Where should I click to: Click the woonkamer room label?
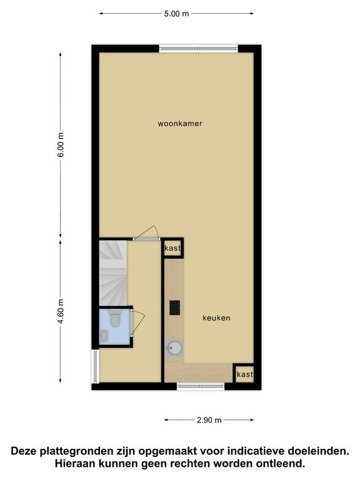tap(180, 124)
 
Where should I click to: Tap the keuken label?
tap(216, 317)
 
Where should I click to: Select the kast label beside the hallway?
tap(172, 248)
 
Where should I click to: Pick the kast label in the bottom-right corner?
tap(245, 374)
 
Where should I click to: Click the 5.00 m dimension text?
tap(176, 14)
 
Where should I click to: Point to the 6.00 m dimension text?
tap(61, 145)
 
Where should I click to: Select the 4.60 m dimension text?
tap(61, 311)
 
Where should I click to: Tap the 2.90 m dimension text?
tap(209, 420)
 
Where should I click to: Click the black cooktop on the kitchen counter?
tap(175, 307)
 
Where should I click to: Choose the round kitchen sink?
tap(174, 349)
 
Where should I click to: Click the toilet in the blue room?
tap(116, 317)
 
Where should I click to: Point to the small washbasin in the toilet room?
tap(104, 336)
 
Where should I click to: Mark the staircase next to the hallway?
tap(113, 272)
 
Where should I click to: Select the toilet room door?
tap(137, 322)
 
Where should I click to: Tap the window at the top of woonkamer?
tap(198, 49)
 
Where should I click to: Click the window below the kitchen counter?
tap(201, 386)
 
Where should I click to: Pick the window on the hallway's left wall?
tap(96, 366)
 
